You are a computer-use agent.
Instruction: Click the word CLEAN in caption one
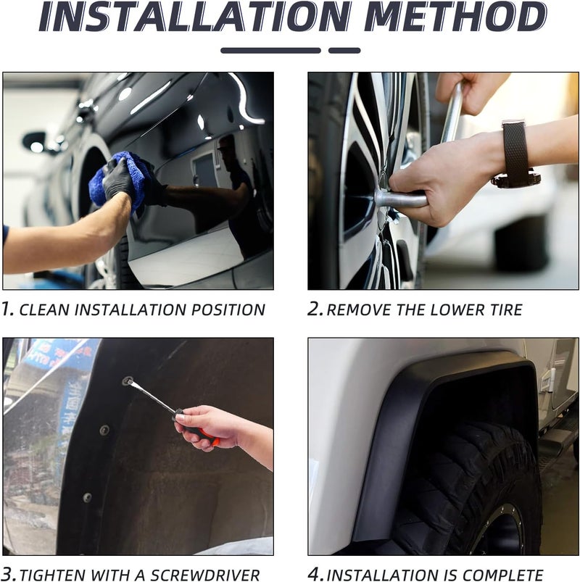pyautogui.click(x=45, y=310)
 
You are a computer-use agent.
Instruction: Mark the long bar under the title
pyautogui.click(x=270, y=51)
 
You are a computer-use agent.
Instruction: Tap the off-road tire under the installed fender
pyautogui.click(x=464, y=493)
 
